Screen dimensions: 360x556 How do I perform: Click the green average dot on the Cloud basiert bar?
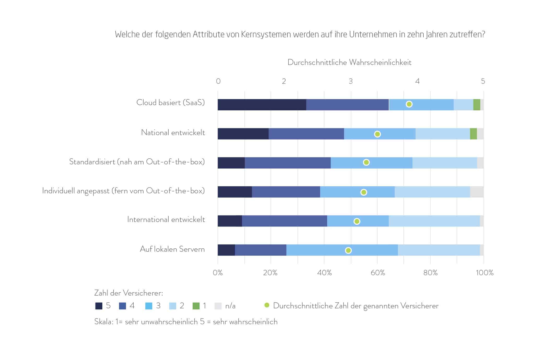tap(409, 104)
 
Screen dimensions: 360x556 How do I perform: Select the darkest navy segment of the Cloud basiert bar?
tap(262, 105)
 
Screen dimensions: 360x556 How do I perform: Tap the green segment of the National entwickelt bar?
tap(473, 134)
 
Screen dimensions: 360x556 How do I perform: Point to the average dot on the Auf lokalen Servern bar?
tap(348, 250)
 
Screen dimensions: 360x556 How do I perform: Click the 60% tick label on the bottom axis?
tap(378, 273)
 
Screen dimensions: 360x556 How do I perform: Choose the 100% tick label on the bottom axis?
tap(484, 273)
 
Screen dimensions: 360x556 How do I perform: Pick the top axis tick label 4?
tap(417, 81)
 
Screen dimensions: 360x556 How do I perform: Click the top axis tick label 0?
tap(218, 81)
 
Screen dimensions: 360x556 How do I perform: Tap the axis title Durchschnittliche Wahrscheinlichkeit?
tap(349, 62)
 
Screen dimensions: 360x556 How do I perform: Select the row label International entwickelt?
tap(166, 220)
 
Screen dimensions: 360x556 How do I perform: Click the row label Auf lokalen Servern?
tap(172, 249)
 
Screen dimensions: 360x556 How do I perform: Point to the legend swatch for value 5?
tap(99, 306)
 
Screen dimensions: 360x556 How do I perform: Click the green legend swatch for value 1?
tap(196, 306)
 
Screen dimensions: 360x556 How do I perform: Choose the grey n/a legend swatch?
tap(218, 306)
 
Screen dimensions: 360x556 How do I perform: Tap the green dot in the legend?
tap(267, 305)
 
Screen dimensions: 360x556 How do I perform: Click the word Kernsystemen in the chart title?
tap(266, 34)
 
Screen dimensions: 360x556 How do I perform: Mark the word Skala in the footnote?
tap(103, 322)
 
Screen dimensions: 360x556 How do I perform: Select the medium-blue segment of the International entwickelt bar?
tap(284, 221)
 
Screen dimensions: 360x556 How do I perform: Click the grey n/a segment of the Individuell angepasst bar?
tap(477, 192)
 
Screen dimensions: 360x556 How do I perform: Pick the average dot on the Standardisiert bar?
tap(366, 162)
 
